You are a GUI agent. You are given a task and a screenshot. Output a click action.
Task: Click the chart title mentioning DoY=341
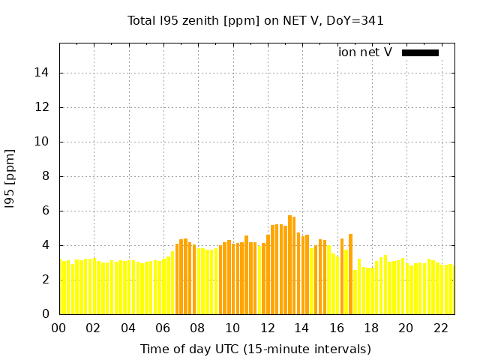pyautogui.click(x=256, y=21)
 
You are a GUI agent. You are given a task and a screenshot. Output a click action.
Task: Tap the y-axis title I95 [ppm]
pyautogui.click(x=10, y=178)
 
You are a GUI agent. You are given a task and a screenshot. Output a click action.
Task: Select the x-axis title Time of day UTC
pyautogui.click(x=256, y=349)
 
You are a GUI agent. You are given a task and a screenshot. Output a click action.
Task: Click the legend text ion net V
pyautogui.click(x=365, y=52)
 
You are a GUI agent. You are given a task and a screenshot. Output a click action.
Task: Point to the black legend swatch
pyautogui.click(x=420, y=52)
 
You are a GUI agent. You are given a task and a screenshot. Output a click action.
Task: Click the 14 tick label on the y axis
pyautogui.click(x=45, y=73)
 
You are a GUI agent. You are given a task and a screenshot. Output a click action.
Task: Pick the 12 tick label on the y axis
pyautogui.click(x=45, y=107)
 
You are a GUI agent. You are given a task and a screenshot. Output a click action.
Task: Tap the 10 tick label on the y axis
pyautogui.click(x=45, y=142)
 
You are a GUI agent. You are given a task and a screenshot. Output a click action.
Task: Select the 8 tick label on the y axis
pyautogui.click(x=48, y=176)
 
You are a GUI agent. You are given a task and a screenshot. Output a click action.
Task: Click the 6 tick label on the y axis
pyautogui.click(x=48, y=211)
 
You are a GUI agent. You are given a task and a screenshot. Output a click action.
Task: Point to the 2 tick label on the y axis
pyautogui.click(x=48, y=280)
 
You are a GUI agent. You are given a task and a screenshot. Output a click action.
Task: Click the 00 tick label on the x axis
pyautogui.click(x=59, y=328)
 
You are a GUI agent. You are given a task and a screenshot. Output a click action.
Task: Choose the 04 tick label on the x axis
pyautogui.click(x=128, y=328)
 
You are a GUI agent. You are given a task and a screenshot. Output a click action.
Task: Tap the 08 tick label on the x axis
pyautogui.click(x=198, y=328)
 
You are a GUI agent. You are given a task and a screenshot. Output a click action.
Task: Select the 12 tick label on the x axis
pyautogui.click(x=267, y=328)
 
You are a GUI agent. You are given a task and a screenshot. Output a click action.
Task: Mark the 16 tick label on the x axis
pyautogui.click(x=337, y=328)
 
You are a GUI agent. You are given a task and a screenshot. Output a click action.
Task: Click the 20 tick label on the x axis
pyautogui.click(x=406, y=328)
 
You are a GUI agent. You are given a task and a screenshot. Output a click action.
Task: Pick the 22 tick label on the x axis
pyautogui.click(x=440, y=328)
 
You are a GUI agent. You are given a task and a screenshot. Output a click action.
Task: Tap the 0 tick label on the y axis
pyautogui.click(x=48, y=314)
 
